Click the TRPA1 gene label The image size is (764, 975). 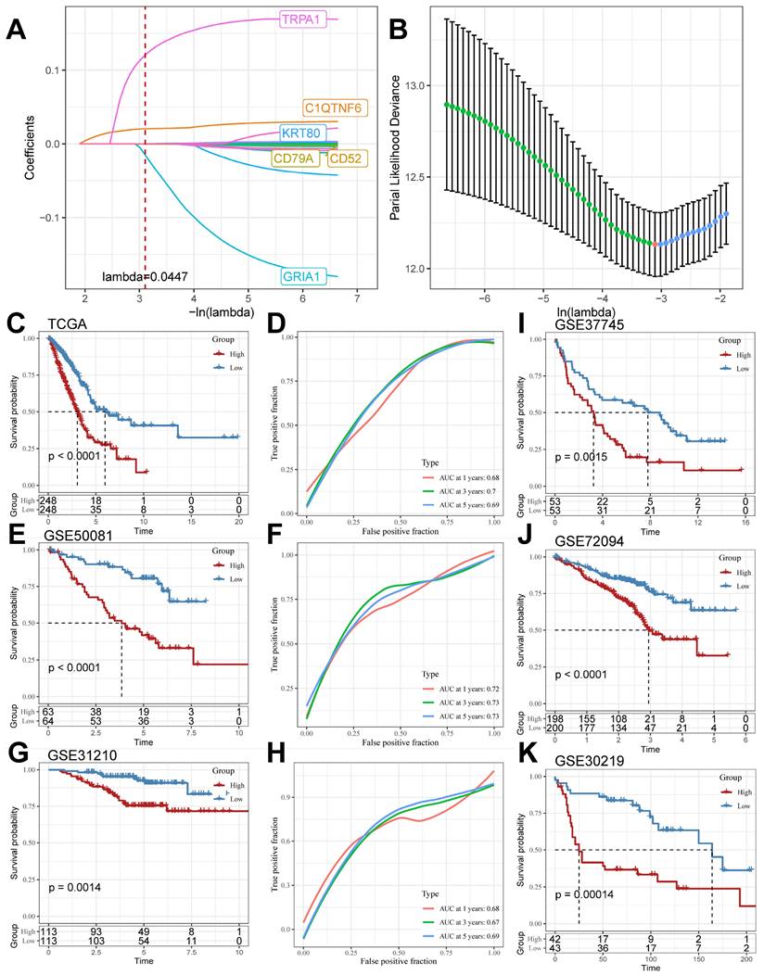pos(303,19)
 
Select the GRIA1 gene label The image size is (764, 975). pos(308,275)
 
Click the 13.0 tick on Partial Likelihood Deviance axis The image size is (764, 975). pos(421,86)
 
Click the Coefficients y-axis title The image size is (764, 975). pos(31,146)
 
